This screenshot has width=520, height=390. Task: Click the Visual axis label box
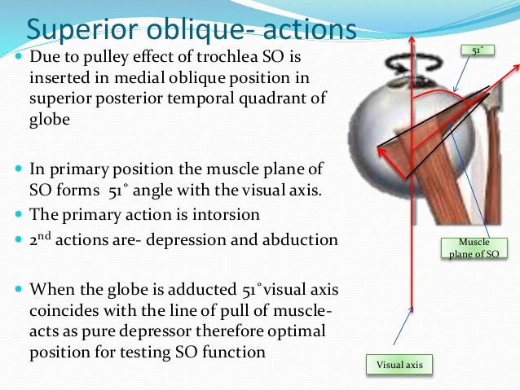[399, 365]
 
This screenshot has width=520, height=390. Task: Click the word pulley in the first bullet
[114, 59]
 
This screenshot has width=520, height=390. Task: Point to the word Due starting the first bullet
[44, 59]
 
